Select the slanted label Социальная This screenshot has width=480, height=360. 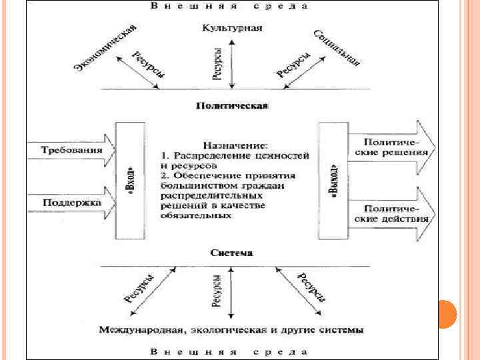[x=336, y=48]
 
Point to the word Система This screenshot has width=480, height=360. [x=231, y=253]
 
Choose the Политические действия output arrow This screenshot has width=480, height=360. [x=393, y=213]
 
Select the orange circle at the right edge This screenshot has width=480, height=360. [x=445, y=313]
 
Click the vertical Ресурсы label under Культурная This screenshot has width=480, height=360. [x=219, y=64]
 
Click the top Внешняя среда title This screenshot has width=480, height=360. [x=230, y=6]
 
